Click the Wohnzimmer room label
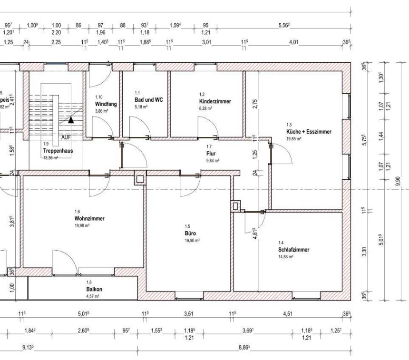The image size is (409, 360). (89, 219)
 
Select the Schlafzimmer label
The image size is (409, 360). (294, 250)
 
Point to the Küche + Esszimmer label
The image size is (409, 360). (308, 131)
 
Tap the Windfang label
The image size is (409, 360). (105, 103)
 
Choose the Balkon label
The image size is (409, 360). (94, 289)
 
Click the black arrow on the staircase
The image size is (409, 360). (70, 120)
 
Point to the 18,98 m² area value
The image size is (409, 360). (82, 226)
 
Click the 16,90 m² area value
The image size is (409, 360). (192, 241)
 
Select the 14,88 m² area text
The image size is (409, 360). (285, 256)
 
